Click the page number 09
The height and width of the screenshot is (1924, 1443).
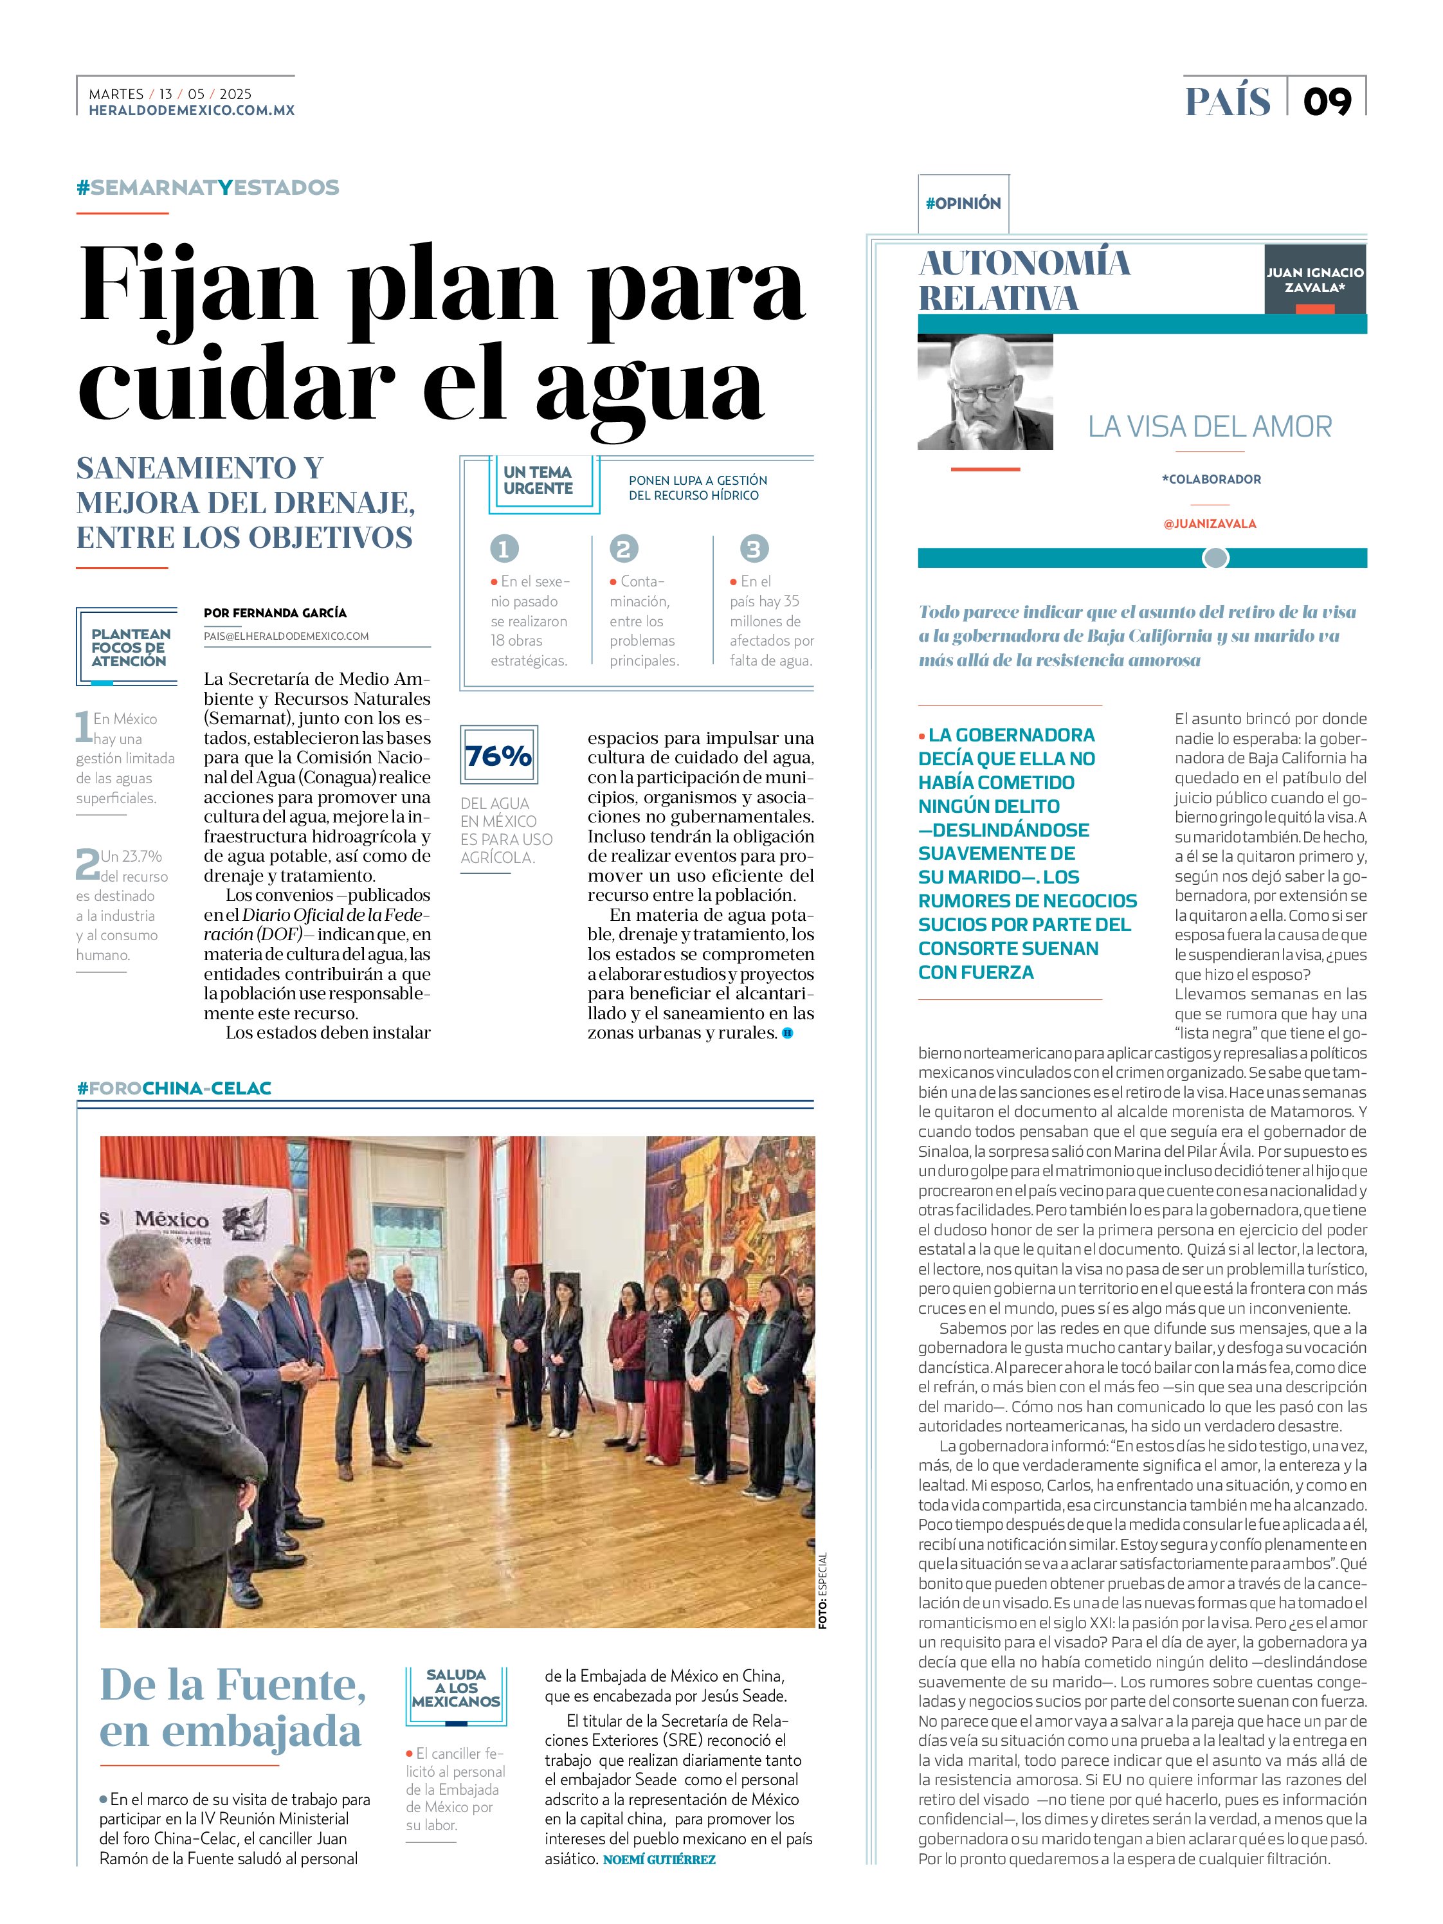click(x=1327, y=102)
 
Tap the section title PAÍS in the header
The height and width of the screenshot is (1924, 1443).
click(x=1228, y=102)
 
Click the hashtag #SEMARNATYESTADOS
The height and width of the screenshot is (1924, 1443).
click(x=208, y=188)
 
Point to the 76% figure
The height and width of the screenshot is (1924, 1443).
click(x=498, y=755)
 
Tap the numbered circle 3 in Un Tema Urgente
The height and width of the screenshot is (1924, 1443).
click(x=753, y=549)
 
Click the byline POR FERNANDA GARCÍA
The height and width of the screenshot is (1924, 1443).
click(x=275, y=612)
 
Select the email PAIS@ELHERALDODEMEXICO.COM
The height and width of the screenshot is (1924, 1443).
click(x=286, y=636)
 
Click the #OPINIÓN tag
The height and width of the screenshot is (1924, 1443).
click(x=963, y=204)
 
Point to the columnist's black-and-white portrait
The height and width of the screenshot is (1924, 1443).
click(x=985, y=392)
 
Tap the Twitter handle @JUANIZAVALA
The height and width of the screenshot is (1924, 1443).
click(x=1209, y=523)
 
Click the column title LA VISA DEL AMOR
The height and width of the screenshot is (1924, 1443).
click(x=1210, y=426)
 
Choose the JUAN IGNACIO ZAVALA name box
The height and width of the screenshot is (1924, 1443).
click(x=1314, y=279)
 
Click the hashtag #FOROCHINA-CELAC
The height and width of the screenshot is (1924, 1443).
click(x=174, y=1088)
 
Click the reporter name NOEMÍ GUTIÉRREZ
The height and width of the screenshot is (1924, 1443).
click(x=658, y=1859)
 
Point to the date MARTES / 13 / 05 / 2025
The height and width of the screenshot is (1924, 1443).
click(x=170, y=94)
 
